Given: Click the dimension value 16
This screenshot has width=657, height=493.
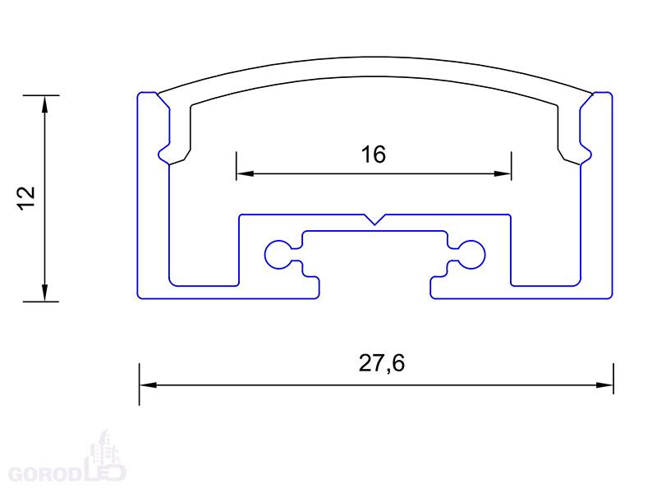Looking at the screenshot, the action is [374, 154].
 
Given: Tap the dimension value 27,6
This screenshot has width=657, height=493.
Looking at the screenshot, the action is [382, 363].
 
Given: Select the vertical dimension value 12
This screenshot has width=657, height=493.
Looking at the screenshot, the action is [26, 198].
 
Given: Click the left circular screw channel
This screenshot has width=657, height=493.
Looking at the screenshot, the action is [278, 255].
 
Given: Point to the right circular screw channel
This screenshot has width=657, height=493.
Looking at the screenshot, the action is [471, 255].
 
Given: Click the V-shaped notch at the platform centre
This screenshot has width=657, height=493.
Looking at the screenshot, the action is [375, 219].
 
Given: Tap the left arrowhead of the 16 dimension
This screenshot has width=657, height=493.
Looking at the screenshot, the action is [245, 173].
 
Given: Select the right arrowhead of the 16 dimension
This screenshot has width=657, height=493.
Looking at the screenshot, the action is [503, 173].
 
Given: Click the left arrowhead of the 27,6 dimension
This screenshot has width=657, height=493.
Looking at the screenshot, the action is [148, 385].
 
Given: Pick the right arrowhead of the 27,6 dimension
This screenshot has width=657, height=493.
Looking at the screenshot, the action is [604, 385].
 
